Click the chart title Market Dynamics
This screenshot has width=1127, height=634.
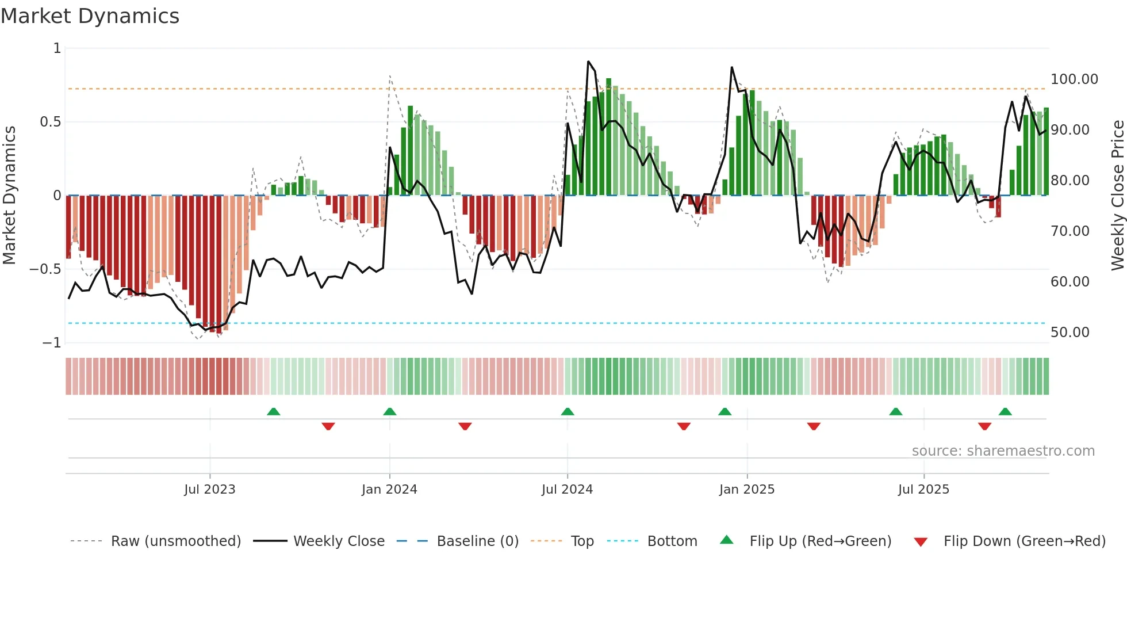[90, 16]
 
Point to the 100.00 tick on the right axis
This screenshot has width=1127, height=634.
[1074, 79]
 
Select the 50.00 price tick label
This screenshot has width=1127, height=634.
[1069, 333]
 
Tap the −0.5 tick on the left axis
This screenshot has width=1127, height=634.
[45, 269]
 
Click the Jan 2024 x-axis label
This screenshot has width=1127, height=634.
[389, 490]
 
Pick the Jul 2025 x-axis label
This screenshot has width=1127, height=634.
[923, 490]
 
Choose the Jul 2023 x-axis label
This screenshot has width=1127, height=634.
[210, 490]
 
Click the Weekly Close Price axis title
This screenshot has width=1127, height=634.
[1117, 195]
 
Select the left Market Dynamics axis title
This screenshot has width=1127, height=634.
[9, 195]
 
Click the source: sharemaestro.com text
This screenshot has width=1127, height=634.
[1003, 451]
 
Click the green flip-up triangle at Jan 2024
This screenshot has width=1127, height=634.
[390, 412]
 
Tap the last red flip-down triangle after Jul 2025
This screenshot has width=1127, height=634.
[984, 426]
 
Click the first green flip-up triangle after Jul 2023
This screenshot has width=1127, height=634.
[274, 412]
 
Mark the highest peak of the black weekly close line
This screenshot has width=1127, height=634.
[588, 62]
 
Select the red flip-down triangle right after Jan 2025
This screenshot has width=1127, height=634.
[814, 426]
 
